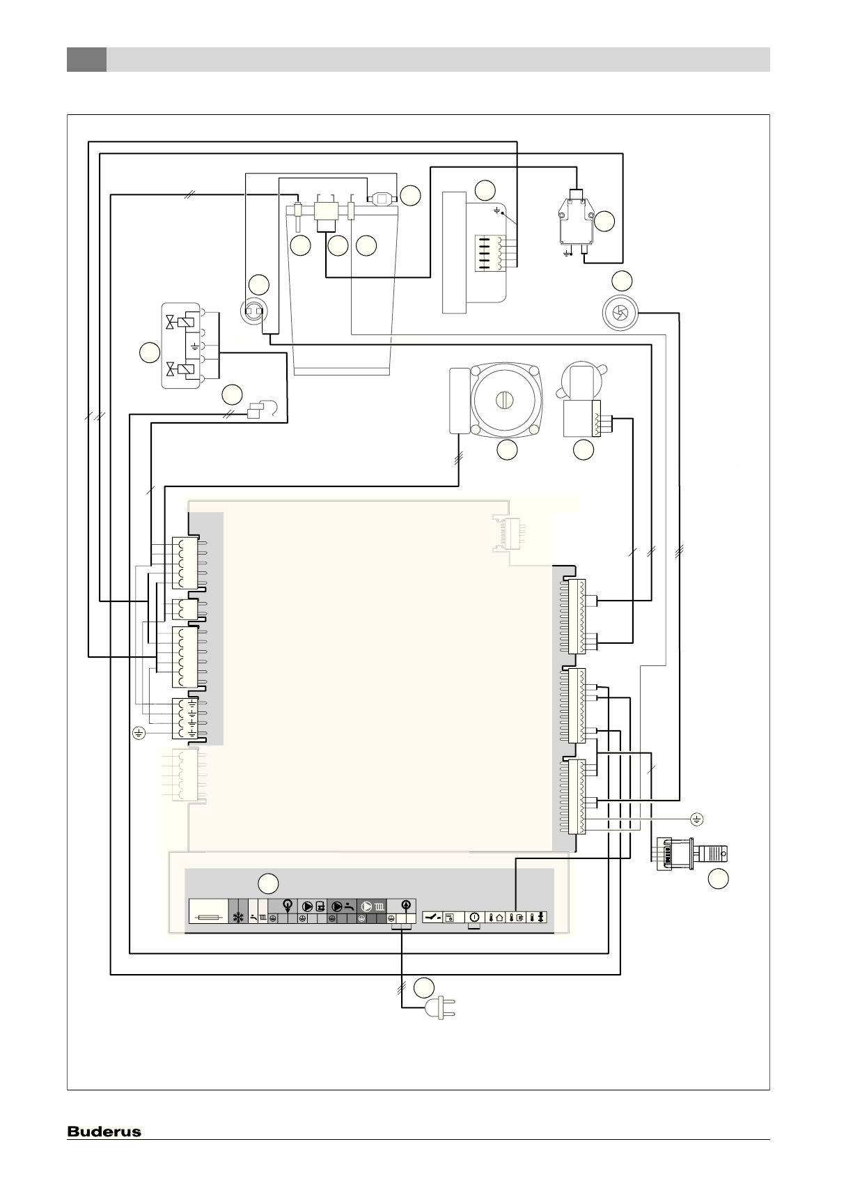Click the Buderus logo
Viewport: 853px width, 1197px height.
[x=104, y=1132]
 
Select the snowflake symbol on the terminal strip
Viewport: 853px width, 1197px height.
[x=238, y=918]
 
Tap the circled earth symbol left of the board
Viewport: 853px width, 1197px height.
[x=139, y=732]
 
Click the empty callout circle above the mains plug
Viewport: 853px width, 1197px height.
[x=423, y=987]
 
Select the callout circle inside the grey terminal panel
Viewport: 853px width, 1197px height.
[x=269, y=883]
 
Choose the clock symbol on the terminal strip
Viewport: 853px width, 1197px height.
[x=474, y=918]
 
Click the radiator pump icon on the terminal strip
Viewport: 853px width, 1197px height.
[x=373, y=906]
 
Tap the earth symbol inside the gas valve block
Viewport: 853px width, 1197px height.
[x=194, y=345]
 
